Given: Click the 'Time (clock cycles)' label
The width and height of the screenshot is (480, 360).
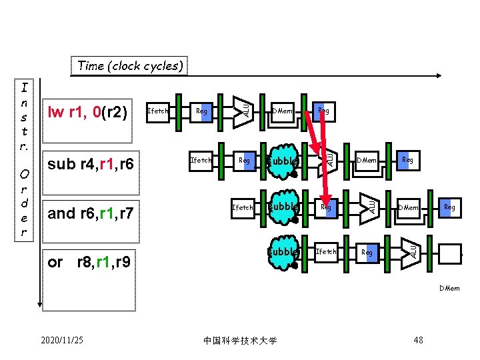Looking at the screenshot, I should click(x=130, y=66).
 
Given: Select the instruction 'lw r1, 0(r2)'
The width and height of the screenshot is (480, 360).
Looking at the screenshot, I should click(x=87, y=111).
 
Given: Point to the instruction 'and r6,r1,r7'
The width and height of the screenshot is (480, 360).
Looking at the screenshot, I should click(x=91, y=213).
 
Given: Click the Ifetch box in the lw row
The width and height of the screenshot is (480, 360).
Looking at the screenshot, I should click(x=157, y=111).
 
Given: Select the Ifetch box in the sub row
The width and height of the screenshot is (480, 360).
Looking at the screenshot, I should click(x=201, y=160).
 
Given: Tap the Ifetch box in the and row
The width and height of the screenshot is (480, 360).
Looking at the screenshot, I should click(x=242, y=207).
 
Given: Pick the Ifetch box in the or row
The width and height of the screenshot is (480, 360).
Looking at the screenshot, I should click(x=326, y=251).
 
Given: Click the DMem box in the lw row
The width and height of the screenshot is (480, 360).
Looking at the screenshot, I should click(x=282, y=111).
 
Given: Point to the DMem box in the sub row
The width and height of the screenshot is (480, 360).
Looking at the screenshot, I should click(x=367, y=160).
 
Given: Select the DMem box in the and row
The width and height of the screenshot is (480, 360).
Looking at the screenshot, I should click(x=408, y=207).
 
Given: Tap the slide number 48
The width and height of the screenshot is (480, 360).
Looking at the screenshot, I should click(x=418, y=341).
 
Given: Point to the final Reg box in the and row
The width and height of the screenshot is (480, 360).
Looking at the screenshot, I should click(x=449, y=207).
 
